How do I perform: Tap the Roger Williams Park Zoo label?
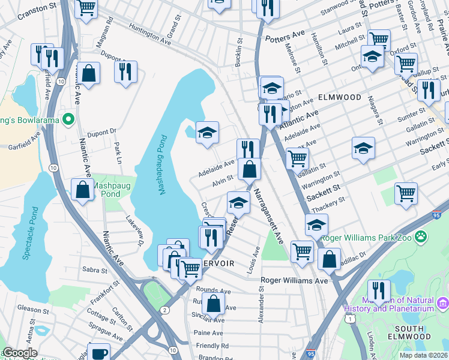click(367, 238)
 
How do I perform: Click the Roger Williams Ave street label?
click(295, 280)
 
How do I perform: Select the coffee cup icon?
click(98, 353)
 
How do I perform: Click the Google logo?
click(20, 353)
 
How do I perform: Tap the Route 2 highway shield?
click(164, 310)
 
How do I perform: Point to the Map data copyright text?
click(424, 355)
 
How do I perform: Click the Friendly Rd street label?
click(212, 346)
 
